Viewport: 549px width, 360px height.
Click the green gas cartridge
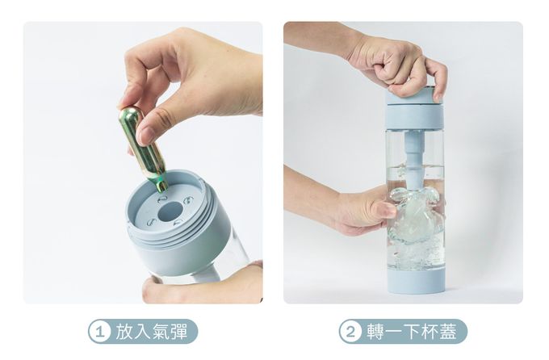[x=143, y=149]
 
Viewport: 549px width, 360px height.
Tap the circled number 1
[x=100, y=332]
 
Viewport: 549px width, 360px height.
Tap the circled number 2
[x=350, y=332]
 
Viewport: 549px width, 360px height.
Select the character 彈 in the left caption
[x=178, y=332]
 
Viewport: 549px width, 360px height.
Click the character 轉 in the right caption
[x=375, y=332]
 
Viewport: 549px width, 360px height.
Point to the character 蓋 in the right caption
[x=448, y=332]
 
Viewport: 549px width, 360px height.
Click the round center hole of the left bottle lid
[x=170, y=211]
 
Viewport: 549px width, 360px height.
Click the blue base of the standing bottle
[x=417, y=280]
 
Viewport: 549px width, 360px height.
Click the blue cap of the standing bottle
[x=414, y=107]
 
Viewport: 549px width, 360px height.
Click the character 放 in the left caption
[x=124, y=332]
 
